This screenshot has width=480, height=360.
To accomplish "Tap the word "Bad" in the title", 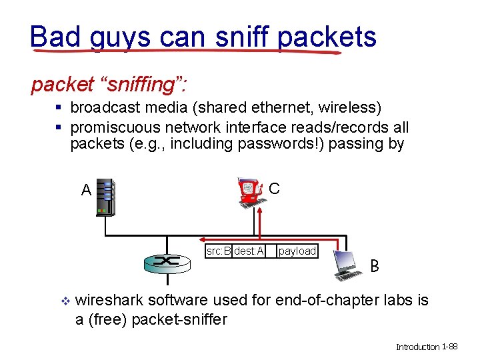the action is click(55, 37).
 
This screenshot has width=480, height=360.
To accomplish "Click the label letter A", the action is click(86, 190).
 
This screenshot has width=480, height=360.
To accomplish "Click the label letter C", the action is click(275, 189).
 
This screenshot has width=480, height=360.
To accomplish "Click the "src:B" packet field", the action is click(219, 251).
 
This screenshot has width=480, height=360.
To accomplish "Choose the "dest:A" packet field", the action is click(249, 251).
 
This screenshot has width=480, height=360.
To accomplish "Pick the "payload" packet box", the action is click(297, 251).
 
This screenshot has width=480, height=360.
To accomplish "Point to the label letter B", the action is click(375, 267).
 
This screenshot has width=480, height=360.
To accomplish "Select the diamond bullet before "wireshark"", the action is click(65, 301).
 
